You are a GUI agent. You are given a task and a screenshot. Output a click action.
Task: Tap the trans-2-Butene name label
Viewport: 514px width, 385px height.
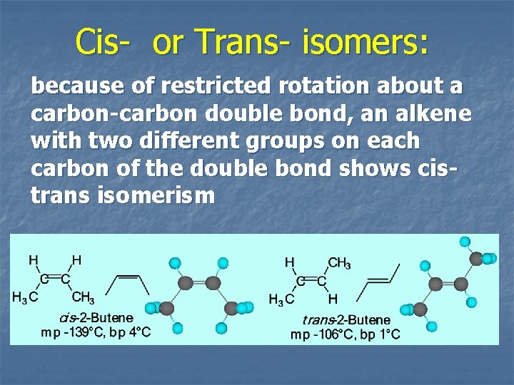[x=346, y=320]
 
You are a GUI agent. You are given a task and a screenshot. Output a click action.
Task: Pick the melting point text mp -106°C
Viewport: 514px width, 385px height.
[x=320, y=334]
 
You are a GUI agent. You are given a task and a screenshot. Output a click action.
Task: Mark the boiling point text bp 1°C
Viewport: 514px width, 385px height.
[x=380, y=334]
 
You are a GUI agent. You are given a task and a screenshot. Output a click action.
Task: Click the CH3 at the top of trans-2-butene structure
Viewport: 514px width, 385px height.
[x=339, y=264]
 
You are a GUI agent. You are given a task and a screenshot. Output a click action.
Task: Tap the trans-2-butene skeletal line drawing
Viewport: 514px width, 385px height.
[x=382, y=281]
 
